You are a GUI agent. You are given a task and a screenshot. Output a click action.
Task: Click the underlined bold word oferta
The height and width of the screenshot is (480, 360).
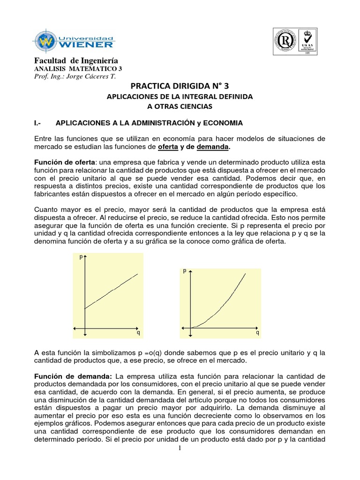167,147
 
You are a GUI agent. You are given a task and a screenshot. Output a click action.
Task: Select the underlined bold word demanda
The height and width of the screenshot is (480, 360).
213,147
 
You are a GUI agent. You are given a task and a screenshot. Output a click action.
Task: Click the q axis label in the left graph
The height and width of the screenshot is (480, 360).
138,333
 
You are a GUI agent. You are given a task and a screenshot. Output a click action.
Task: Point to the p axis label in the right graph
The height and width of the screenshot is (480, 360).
185,271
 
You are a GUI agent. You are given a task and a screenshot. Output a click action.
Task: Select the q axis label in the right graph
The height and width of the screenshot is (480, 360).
257,333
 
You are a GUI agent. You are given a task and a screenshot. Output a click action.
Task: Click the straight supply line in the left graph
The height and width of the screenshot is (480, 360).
112,291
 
